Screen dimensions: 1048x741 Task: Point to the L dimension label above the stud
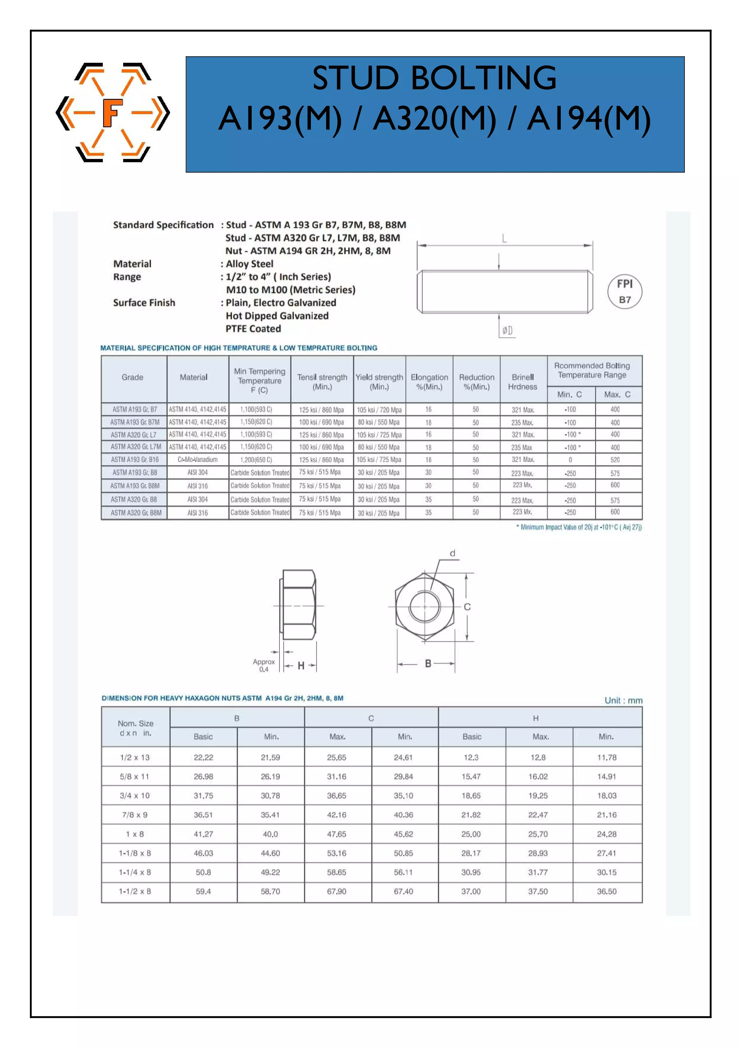pyautogui.click(x=504, y=238)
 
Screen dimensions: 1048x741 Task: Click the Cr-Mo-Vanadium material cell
pyautogui.click(x=198, y=460)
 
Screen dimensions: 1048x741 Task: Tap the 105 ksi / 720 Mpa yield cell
pyautogui.click(x=379, y=410)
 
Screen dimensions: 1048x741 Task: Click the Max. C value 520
pyautogui.click(x=615, y=460)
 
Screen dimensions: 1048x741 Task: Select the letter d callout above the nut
pyautogui.click(x=453, y=553)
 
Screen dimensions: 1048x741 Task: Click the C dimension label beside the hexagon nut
pyautogui.click(x=467, y=607)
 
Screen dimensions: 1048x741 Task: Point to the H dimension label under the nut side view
pyautogui.click(x=301, y=666)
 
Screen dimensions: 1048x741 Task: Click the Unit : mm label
pyautogui.click(x=623, y=700)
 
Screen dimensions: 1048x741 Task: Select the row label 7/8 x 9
pyautogui.click(x=135, y=815)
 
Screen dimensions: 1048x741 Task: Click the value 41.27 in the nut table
pyautogui.click(x=203, y=834)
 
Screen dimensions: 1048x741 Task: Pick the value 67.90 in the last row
pyautogui.click(x=337, y=891)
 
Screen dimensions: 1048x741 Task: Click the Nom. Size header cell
pyautogui.click(x=136, y=727)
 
